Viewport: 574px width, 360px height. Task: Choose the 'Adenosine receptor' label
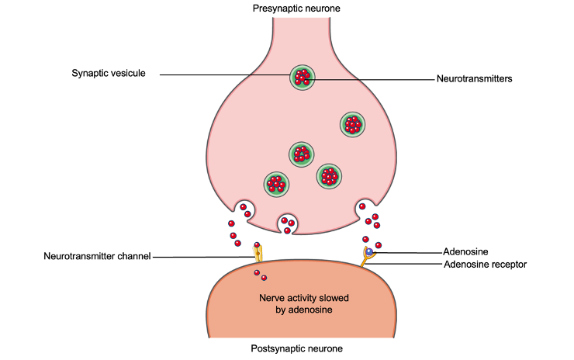point(485,265)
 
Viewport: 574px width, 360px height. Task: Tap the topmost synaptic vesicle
point(303,77)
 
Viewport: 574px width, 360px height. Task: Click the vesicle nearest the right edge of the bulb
point(353,123)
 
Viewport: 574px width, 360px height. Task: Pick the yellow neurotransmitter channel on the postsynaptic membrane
point(258,253)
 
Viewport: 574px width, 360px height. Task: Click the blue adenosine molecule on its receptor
point(371,251)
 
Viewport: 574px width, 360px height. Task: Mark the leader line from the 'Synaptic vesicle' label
point(225,74)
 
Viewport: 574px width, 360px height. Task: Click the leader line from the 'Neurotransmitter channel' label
point(202,256)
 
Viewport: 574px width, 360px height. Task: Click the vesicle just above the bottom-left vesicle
point(303,154)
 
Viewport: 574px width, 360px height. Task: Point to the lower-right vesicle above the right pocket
point(330,175)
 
